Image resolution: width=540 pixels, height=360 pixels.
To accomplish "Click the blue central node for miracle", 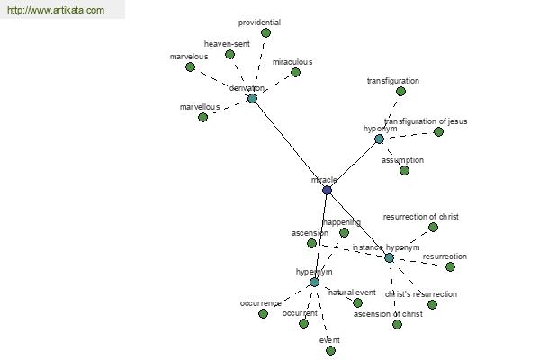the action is point(328,190).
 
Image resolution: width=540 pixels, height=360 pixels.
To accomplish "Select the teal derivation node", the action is point(252,98).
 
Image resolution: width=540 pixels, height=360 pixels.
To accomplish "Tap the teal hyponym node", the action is point(379,139).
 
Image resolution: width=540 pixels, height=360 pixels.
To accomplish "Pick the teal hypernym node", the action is point(314,282).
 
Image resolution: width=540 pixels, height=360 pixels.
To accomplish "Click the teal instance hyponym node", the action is point(389,257).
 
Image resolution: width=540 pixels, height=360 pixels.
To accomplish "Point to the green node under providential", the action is point(265,33).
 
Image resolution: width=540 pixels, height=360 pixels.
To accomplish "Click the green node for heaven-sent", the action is point(229,54).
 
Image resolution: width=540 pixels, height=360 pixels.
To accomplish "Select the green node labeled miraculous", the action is point(295,72).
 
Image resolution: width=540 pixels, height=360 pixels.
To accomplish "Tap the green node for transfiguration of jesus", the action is point(438,131).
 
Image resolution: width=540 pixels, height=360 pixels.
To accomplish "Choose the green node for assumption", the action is point(405,170).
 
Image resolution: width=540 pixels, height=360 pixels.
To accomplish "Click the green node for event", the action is point(330,351).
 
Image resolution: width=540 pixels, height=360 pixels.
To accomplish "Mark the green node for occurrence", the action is point(263,313).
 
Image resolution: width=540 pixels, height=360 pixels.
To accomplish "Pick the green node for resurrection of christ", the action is point(433,227).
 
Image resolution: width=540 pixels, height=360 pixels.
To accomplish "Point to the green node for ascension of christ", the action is point(397,324).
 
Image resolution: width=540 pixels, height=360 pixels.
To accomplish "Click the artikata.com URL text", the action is point(56,10).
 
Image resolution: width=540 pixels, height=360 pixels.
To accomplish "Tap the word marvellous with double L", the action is point(200,107).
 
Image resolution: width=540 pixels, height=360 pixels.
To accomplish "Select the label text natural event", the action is point(352,292).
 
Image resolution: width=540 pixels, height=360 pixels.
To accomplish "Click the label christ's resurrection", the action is point(421,294).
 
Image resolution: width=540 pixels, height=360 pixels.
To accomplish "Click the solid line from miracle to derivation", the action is point(290,144).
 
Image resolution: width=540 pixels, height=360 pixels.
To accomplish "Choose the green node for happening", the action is point(344,233).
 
